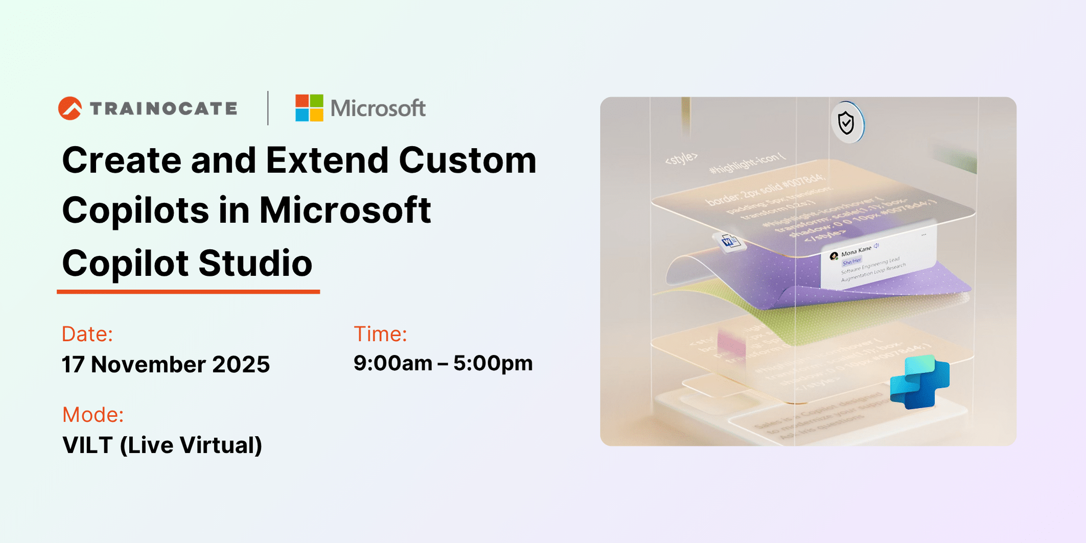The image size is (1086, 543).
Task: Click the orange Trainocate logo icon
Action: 70,108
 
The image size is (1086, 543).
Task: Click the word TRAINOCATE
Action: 164,108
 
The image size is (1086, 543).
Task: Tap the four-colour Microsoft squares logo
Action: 309,108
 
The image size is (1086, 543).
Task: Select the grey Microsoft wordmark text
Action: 378,108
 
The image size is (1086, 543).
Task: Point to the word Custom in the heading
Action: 467,160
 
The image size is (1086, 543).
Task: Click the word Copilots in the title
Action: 135,210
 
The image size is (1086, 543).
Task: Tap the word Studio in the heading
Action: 255,264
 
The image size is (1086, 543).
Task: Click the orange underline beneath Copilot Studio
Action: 188,292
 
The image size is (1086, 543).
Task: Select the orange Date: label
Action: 87,334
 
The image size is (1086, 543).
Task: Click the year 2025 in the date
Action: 241,365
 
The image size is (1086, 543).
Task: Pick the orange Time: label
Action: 380,334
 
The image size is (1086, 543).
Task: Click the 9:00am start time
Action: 392,363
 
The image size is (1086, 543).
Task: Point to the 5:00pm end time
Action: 493,363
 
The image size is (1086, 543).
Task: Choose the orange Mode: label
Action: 93,415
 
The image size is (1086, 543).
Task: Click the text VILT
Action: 87,445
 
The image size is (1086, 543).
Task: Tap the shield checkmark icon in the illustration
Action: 846,123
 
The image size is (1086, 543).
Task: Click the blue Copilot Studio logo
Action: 919,382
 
